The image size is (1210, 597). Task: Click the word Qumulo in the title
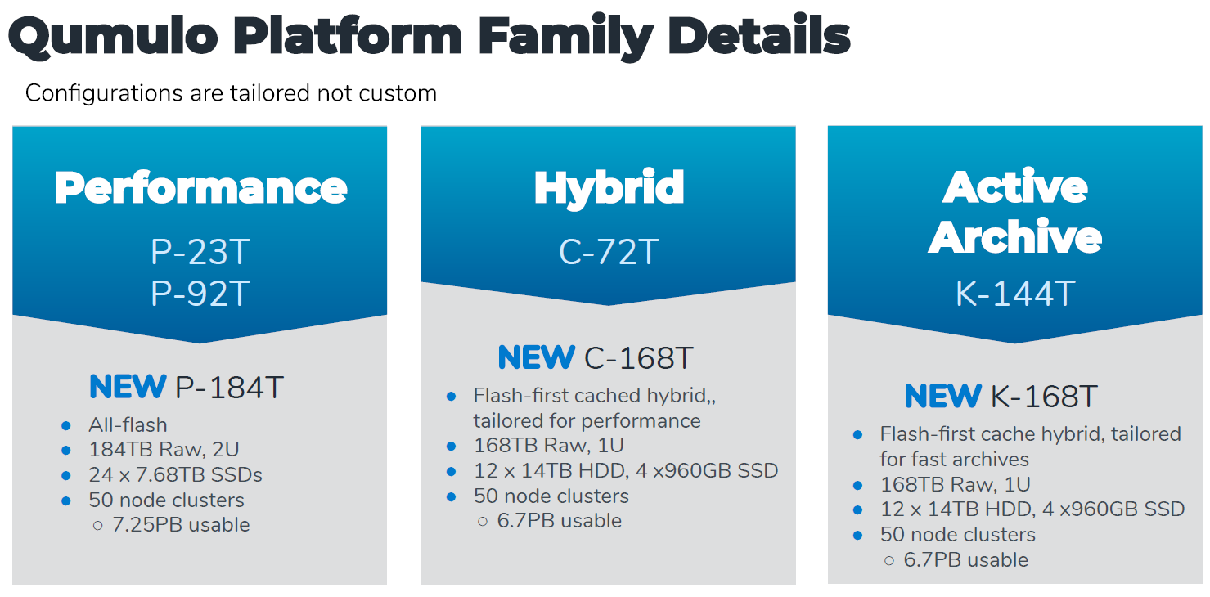(x=113, y=38)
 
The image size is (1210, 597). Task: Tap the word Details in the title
(x=759, y=35)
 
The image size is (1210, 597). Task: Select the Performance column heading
(x=200, y=188)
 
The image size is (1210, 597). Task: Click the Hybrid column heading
(x=609, y=189)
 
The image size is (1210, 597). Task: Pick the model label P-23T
(x=200, y=252)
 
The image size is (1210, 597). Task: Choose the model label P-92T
(x=200, y=293)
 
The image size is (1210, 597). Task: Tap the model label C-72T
(x=609, y=252)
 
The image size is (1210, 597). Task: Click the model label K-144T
(x=1015, y=293)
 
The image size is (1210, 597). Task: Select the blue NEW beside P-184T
(x=128, y=387)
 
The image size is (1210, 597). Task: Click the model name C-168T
(x=638, y=357)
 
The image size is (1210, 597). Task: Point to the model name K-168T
(x=1044, y=396)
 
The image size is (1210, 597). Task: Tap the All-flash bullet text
(x=128, y=424)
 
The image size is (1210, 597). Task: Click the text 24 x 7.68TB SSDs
(x=175, y=474)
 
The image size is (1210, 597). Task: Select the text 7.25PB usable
(x=181, y=525)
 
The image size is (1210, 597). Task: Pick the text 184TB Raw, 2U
(x=164, y=449)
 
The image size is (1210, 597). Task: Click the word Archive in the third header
(x=1015, y=236)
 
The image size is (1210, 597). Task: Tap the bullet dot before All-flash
(x=66, y=426)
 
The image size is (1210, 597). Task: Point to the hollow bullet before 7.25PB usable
(x=98, y=525)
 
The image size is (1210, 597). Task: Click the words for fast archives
(x=954, y=459)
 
